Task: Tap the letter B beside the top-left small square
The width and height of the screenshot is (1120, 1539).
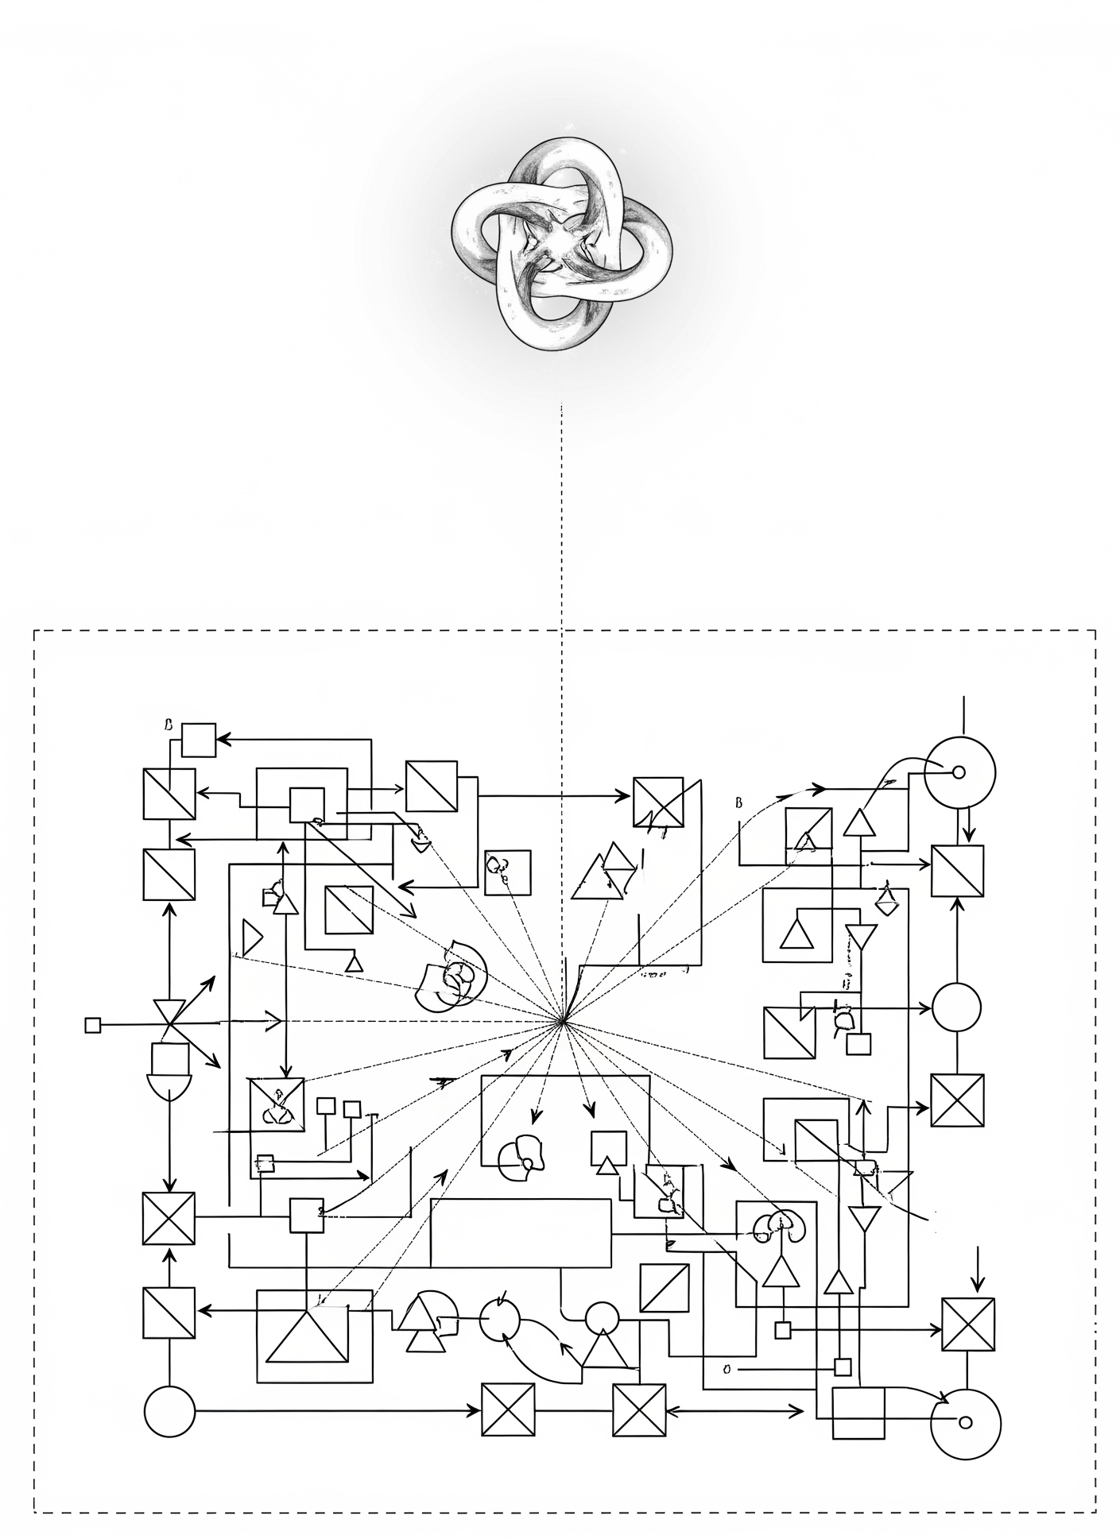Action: tap(168, 725)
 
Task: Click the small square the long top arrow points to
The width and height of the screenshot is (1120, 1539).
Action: tap(199, 740)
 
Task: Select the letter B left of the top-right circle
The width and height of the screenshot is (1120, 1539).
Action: tap(738, 802)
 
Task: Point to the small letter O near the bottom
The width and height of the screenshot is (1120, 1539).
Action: tap(727, 1369)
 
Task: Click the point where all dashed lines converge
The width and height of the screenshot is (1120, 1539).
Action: tap(563, 1022)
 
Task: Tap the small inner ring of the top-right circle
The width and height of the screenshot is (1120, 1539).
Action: tap(959, 771)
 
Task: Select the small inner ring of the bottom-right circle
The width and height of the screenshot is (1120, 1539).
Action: tap(965, 1422)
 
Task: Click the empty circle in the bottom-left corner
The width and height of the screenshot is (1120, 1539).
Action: tap(169, 1411)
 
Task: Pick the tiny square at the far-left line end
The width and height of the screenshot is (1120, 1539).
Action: tap(93, 1025)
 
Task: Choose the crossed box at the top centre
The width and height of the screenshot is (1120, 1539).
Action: tap(658, 802)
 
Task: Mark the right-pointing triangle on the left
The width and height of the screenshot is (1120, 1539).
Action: tap(251, 938)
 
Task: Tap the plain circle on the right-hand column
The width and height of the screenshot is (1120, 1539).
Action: tap(956, 1007)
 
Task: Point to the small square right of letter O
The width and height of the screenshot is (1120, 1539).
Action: tap(843, 1367)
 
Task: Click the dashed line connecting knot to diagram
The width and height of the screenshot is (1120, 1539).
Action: tap(562, 516)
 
